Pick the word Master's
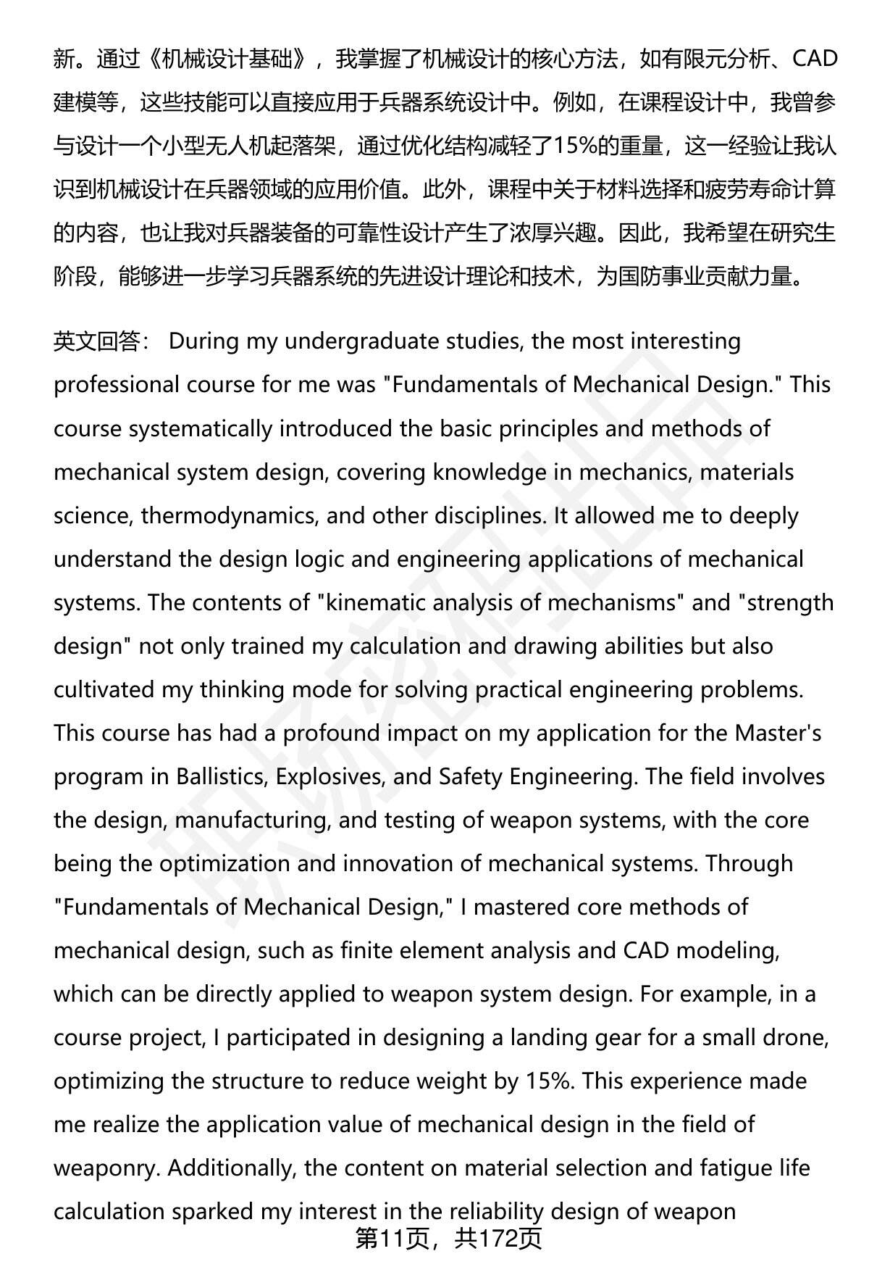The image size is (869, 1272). pos(778,733)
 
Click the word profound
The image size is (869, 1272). pos(331,733)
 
